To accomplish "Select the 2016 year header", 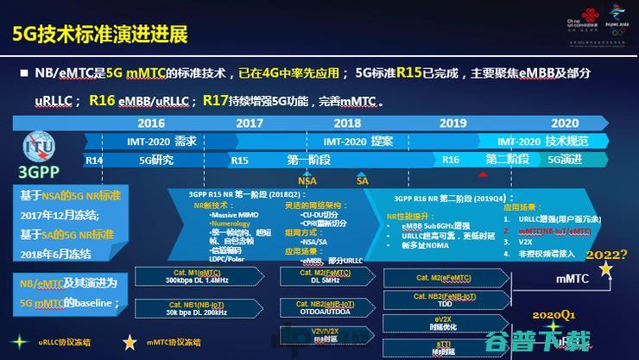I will [150, 123].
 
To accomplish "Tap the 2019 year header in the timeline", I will [452, 123].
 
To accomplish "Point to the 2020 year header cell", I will [564, 123].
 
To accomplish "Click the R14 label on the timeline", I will [94, 160].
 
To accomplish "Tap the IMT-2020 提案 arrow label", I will [357, 141].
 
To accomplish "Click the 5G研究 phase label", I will [156, 160].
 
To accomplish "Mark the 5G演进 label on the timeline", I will [565, 160].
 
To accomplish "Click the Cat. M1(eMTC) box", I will [197, 275].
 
